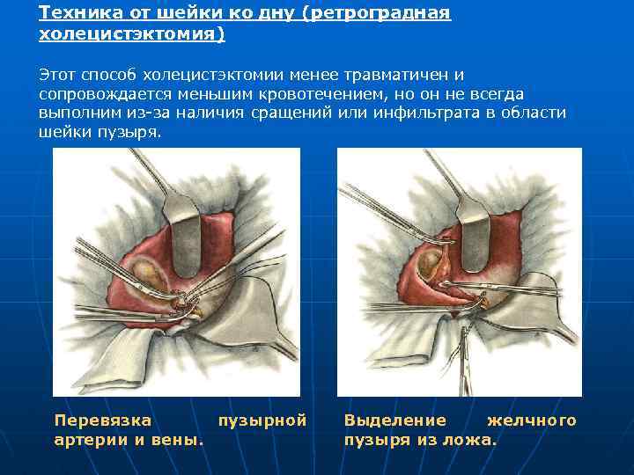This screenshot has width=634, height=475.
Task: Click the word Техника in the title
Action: (x=77, y=13)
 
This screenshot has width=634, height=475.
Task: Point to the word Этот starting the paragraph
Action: (x=58, y=75)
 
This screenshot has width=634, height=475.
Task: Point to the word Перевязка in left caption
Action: (x=103, y=420)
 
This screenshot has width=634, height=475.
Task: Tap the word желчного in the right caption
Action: (x=532, y=420)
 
